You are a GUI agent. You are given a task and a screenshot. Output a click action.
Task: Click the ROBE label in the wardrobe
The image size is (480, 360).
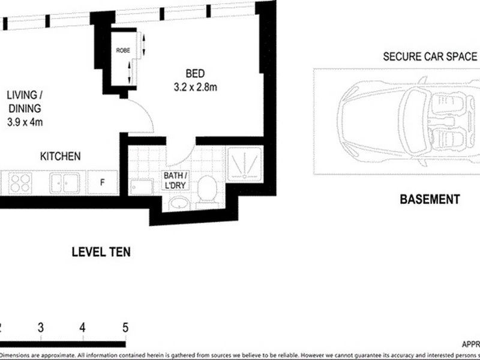tap(122, 50)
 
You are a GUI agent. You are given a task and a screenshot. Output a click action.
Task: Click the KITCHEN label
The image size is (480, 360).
tap(60, 157)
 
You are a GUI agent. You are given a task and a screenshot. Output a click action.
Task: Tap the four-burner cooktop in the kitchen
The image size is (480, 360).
tap(19, 182)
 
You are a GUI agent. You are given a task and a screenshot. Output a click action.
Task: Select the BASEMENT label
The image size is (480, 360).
tap(430, 199)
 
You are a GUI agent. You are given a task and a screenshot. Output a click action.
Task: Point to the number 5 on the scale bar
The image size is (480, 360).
tap(125, 328)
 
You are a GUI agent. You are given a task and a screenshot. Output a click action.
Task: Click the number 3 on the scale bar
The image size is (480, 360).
tap(40, 328)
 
